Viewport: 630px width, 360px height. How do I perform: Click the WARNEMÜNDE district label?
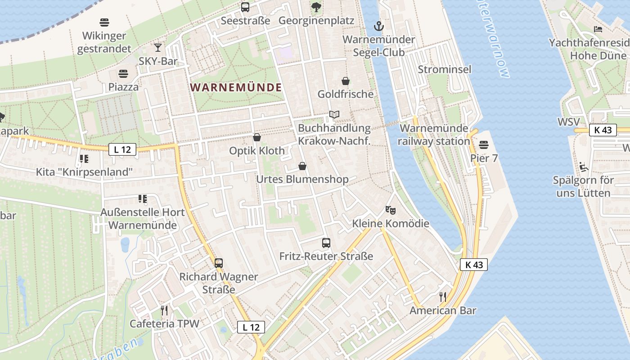(x=236, y=87)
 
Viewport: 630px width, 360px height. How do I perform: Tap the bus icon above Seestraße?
(x=245, y=7)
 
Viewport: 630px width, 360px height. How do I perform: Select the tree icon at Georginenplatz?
(x=316, y=7)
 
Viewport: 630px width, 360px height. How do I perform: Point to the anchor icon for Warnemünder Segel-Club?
(x=378, y=26)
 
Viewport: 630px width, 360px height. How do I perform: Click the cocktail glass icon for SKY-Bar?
(x=158, y=48)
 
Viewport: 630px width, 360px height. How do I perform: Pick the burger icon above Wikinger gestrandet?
(x=104, y=22)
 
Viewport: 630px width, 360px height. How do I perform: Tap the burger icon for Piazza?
(x=123, y=73)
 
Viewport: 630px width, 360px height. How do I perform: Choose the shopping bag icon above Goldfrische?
(x=346, y=81)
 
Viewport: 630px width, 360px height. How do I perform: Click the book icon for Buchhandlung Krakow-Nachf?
(x=334, y=115)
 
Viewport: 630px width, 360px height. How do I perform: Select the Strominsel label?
(x=445, y=69)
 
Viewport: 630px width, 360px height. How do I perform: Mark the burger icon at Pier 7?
(x=484, y=145)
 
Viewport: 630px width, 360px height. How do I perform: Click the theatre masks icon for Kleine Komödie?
(x=391, y=210)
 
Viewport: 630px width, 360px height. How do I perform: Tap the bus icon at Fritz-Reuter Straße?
(x=326, y=243)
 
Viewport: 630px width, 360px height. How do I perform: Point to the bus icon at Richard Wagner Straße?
(x=219, y=263)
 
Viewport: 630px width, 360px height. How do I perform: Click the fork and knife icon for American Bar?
(x=443, y=297)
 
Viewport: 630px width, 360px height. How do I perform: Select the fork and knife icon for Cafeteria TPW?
(x=164, y=310)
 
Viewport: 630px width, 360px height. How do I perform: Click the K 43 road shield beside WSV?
(x=603, y=130)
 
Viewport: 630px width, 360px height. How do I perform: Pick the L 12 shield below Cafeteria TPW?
(x=251, y=327)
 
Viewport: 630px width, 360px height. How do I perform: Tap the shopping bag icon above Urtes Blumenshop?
(x=302, y=166)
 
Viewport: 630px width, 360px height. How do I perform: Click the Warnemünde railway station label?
(x=435, y=135)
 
